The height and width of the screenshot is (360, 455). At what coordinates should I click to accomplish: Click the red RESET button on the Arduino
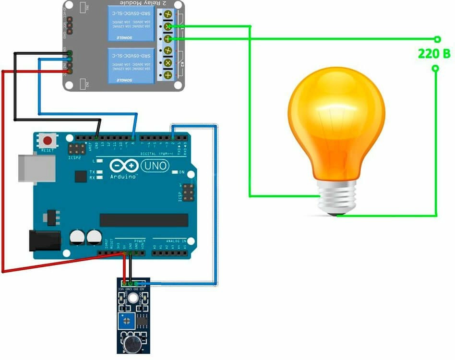pyautogui.click(x=48, y=141)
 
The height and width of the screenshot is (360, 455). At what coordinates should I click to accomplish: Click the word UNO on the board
pyautogui.click(x=155, y=166)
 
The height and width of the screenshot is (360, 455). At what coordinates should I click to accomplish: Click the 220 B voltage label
pyautogui.click(x=434, y=54)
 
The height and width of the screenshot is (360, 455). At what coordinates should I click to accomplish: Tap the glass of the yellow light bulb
pyautogui.click(x=336, y=125)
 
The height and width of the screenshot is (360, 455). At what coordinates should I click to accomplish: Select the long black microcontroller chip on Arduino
pyautogui.click(x=144, y=220)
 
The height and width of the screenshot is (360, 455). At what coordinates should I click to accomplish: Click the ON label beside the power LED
pyautogui.click(x=181, y=172)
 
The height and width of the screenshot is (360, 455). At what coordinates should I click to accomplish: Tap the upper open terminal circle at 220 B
pyautogui.click(x=437, y=39)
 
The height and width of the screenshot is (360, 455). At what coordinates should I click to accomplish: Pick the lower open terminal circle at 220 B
pyautogui.click(x=435, y=69)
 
